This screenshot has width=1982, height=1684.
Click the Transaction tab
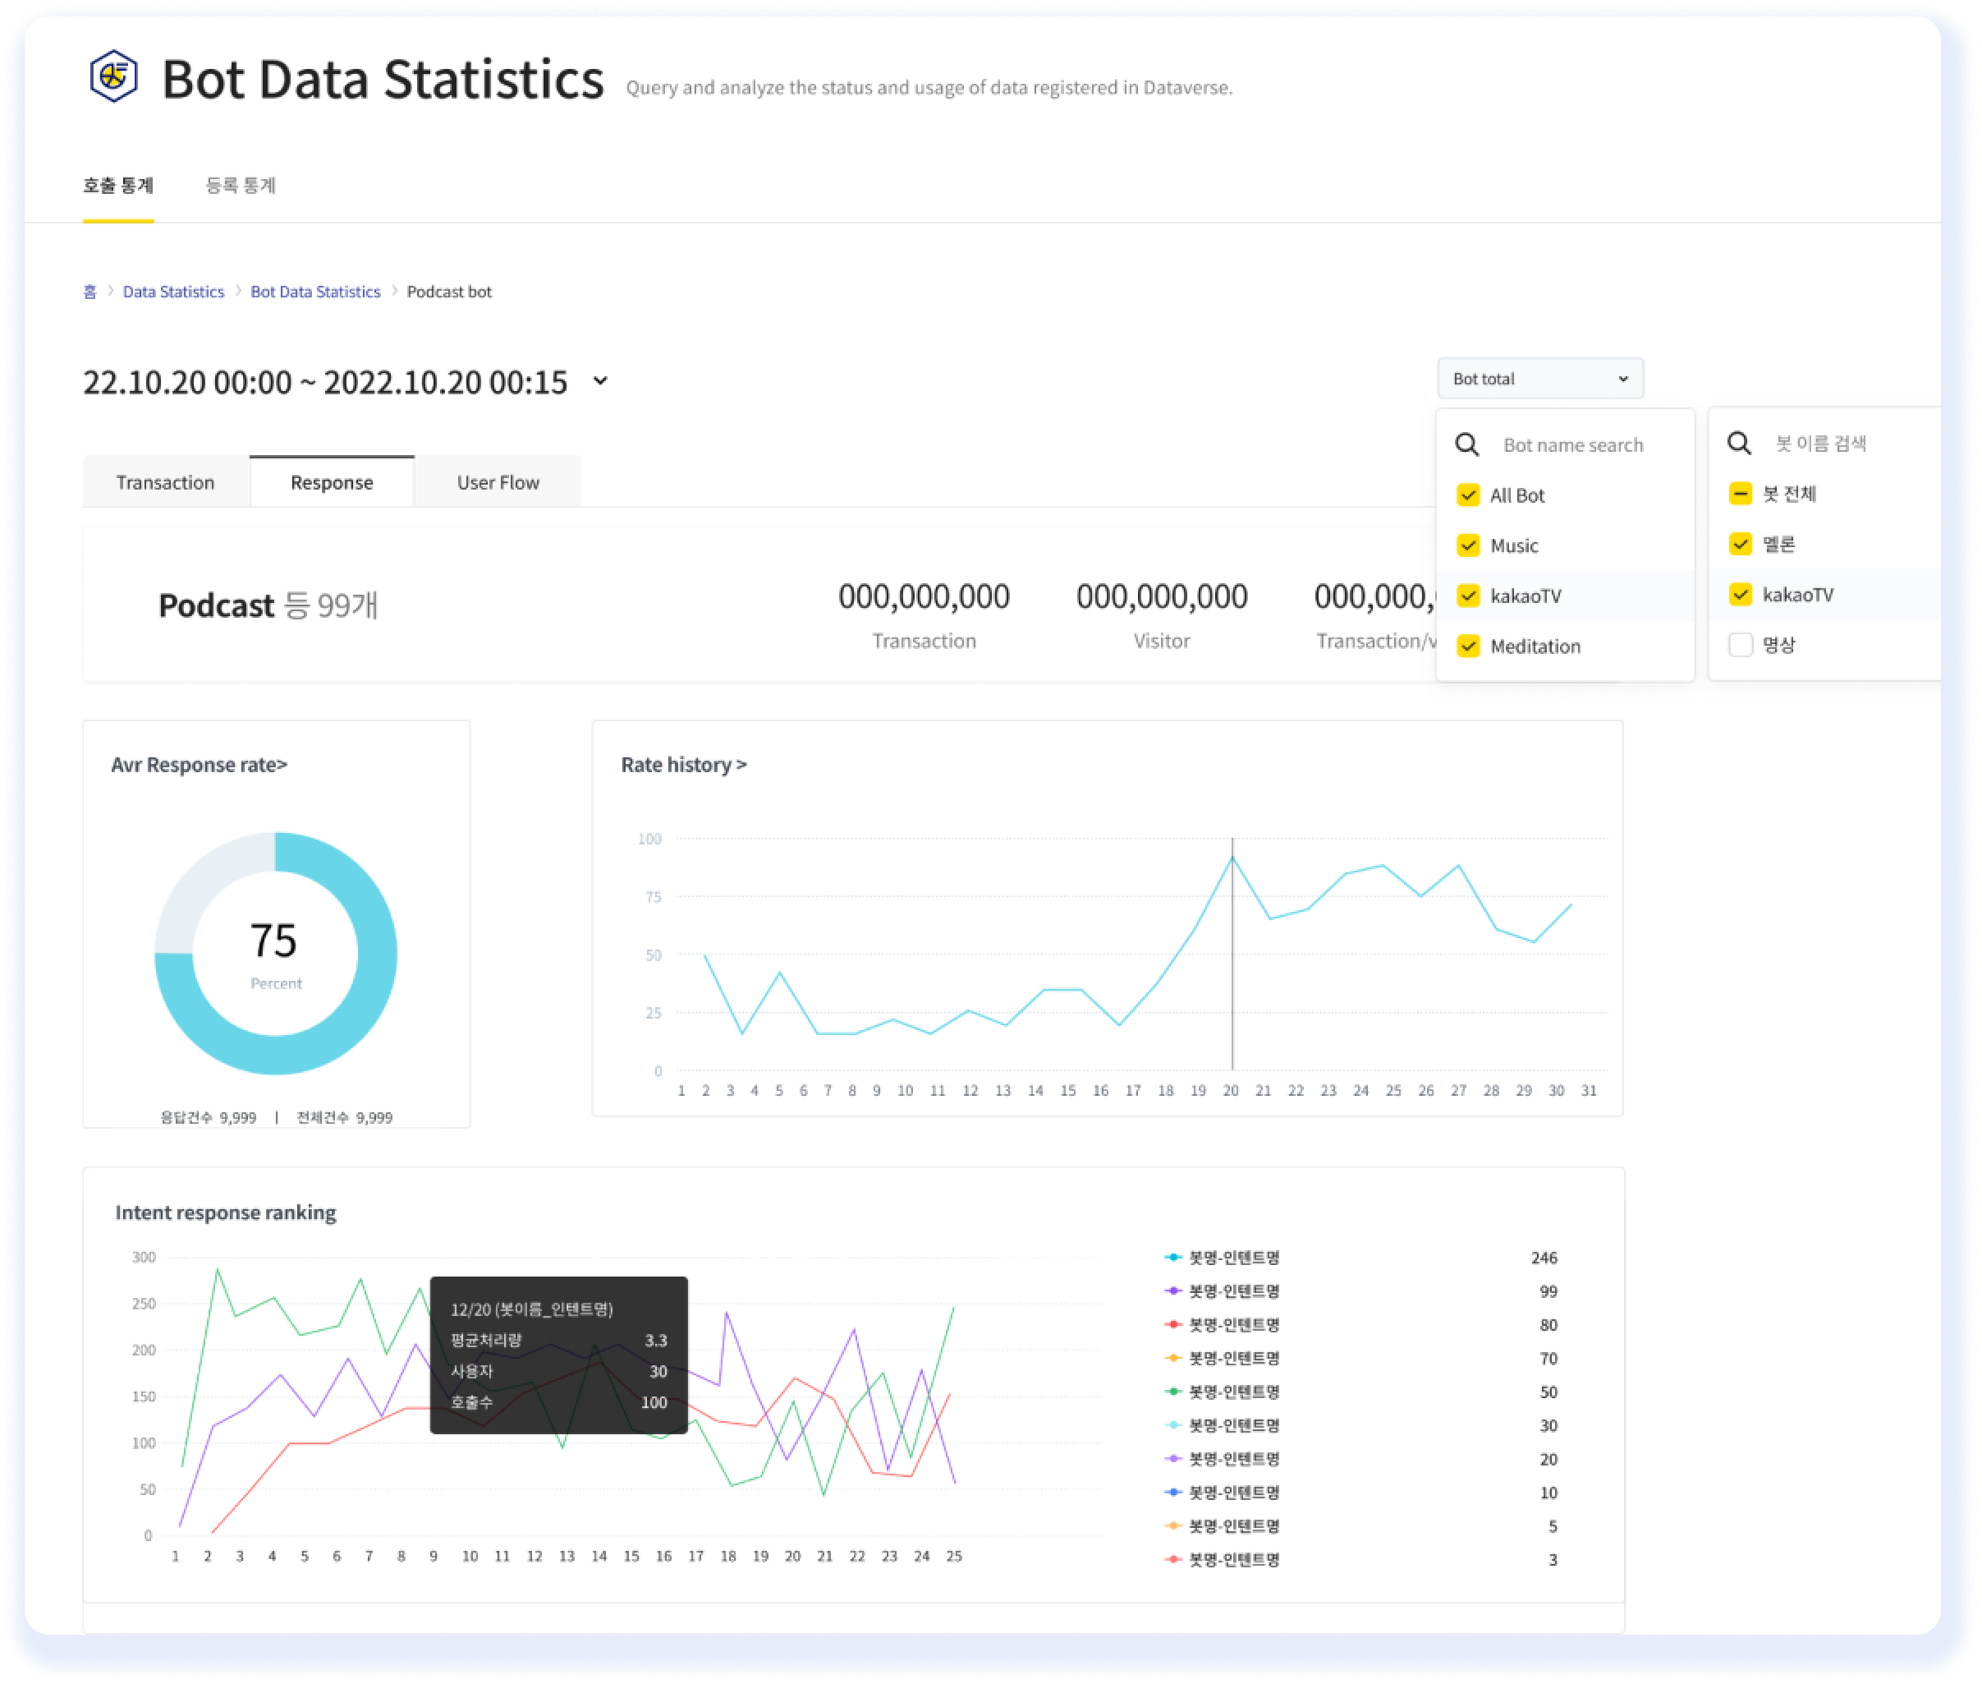tap(165, 482)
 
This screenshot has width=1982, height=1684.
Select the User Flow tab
tap(498, 482)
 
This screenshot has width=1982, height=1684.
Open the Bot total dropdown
tap(1539, 378)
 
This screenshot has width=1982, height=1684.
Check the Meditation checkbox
tap(1468, 646)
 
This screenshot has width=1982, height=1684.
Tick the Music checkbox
tap(1468, 545)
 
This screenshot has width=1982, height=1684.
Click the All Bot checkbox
tap(1468, 495)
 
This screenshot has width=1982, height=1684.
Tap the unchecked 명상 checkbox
tap(1740, 644)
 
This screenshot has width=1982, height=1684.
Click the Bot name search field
tap(1572, 445)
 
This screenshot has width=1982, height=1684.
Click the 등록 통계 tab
tap(241, 185)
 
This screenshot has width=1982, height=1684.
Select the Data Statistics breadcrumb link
tap(174, 291)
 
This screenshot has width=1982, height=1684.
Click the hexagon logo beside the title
tap(113, 76)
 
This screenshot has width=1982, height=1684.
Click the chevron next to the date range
tap(600, 381)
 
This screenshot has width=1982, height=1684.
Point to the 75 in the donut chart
tap(274, 941)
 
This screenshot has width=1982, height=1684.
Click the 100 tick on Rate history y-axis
tap(649, 840)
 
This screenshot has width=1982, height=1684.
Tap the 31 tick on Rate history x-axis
tap(1588, 1090)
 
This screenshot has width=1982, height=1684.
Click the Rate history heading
tap(683, 765)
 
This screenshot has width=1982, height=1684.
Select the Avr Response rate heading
tap(199, 765)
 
